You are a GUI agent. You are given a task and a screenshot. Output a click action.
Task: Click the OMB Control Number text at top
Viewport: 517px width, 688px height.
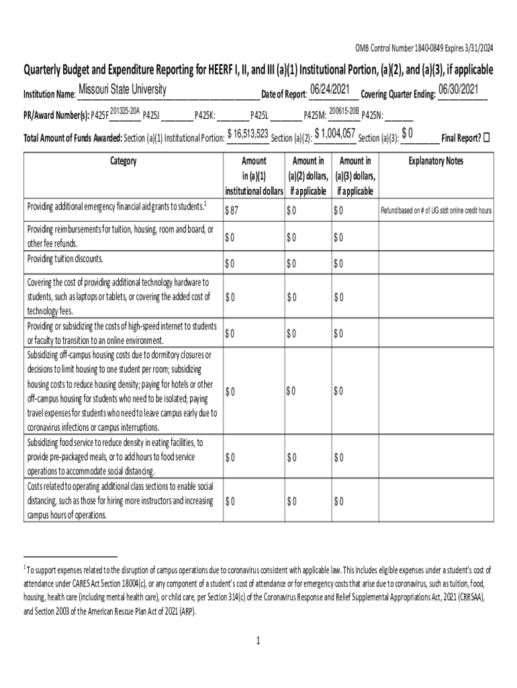pos(424,47)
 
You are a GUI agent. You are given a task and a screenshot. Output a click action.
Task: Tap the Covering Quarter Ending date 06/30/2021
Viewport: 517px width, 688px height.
pos(461,90)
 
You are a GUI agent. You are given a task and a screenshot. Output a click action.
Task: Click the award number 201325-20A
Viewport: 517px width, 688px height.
pos(124,110)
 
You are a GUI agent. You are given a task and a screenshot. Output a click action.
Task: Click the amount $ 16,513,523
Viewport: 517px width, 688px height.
pos(248,134)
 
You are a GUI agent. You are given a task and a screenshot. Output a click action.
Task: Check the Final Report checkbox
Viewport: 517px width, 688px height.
pos(487,138)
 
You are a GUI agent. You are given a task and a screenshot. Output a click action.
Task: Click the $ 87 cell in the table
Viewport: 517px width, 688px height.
pos(233,211)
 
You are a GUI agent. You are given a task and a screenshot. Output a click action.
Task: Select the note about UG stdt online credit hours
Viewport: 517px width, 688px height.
pos(436,211)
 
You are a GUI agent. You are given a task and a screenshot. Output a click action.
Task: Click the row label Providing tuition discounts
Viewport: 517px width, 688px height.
pos(65,259)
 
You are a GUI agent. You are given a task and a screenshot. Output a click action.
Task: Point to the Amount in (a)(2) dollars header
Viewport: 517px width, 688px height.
pos(308,176)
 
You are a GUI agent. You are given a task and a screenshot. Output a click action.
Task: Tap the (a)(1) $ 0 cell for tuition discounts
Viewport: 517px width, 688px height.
pos(230,263)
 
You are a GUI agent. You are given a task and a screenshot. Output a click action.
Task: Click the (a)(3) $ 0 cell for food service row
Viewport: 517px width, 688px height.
pos(338,458)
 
